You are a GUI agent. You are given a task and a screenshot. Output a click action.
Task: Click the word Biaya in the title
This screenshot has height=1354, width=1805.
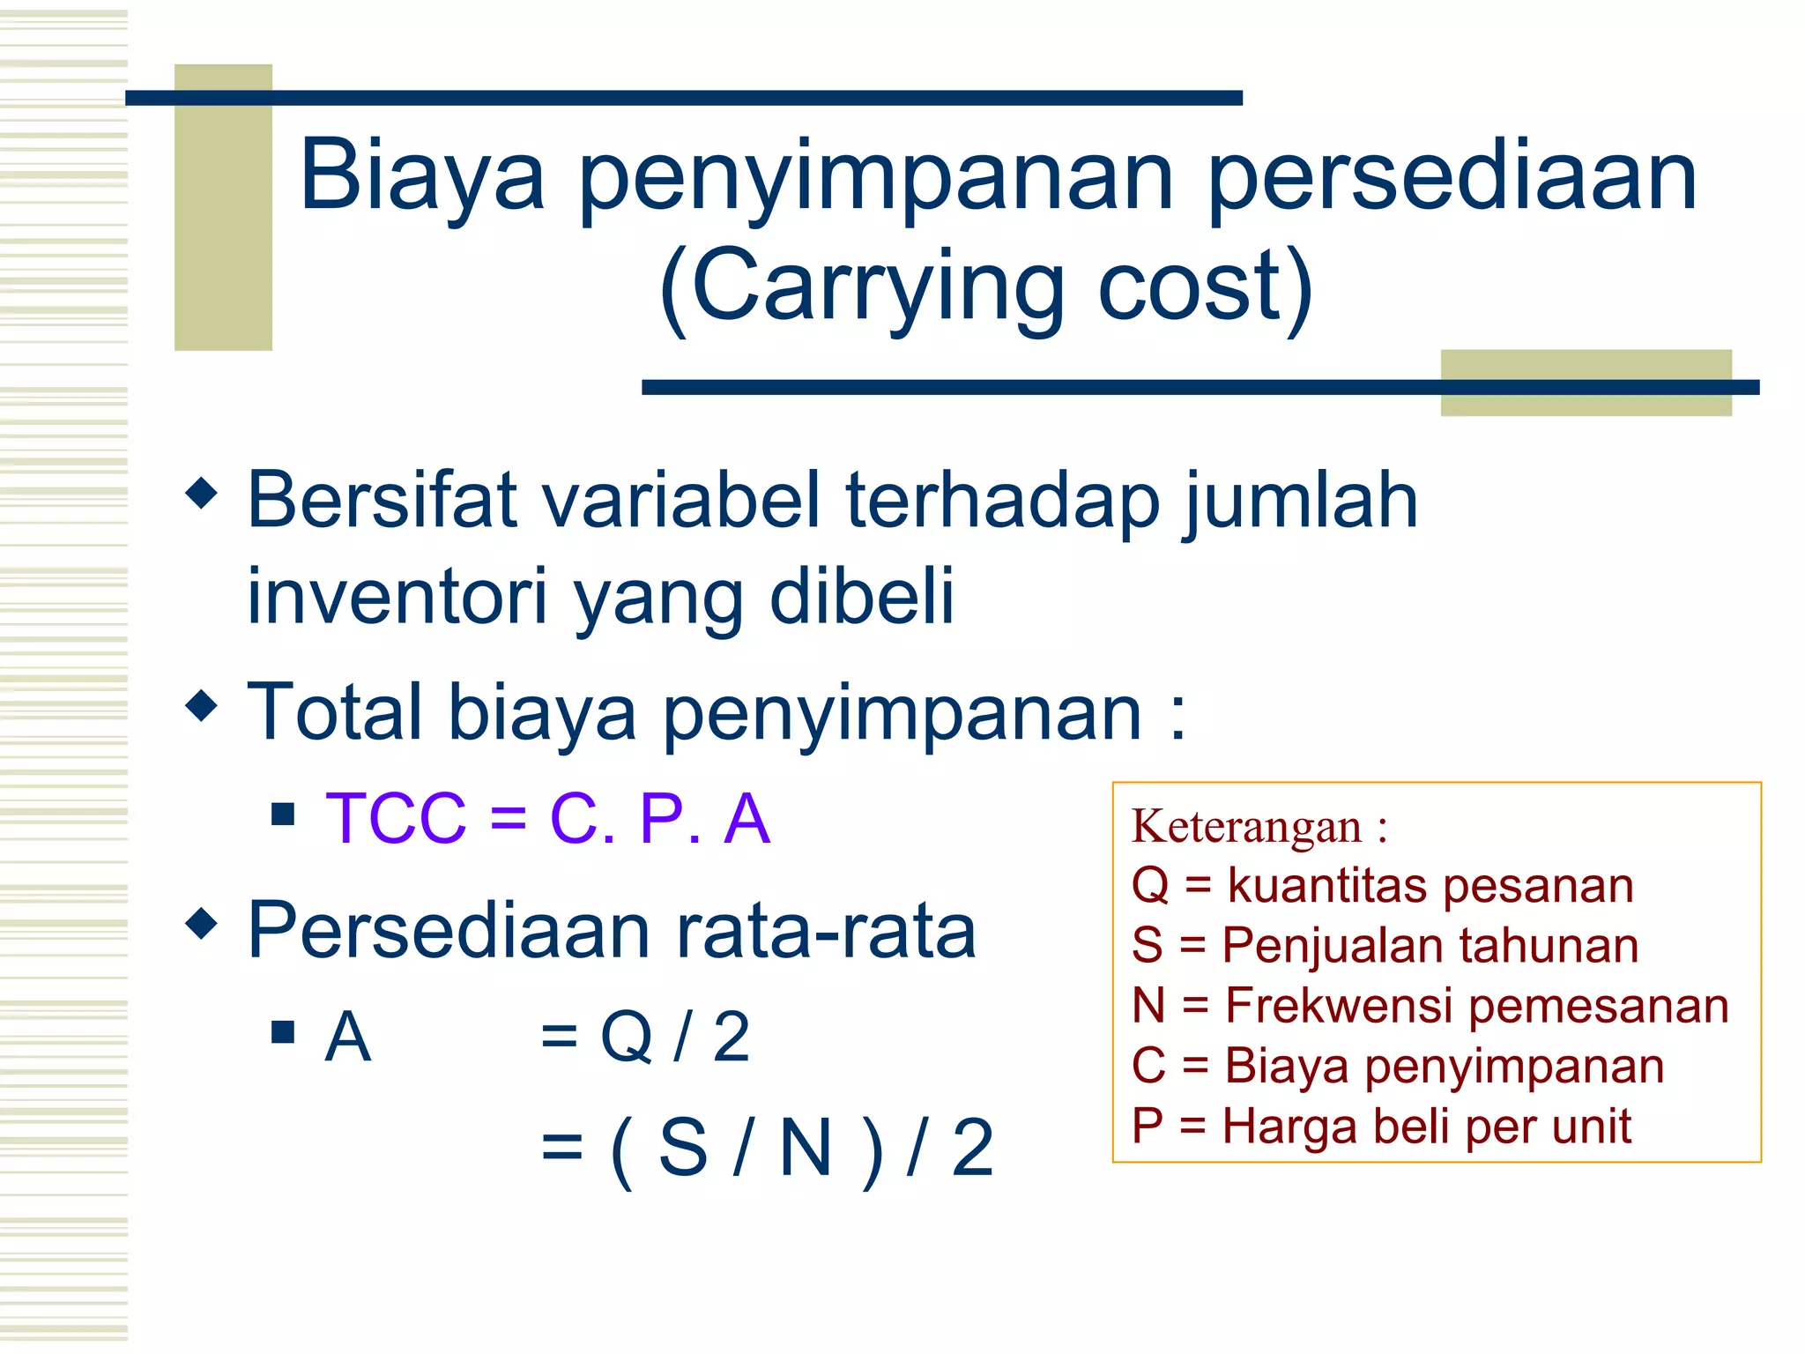tap(421, 176)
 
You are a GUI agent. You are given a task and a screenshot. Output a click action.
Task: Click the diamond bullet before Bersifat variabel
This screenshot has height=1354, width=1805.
tap(202, 493)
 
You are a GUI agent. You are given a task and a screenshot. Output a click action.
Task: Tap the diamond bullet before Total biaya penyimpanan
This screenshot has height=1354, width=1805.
tap(202, 704)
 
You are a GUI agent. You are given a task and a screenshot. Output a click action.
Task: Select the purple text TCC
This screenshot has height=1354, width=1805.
tap(396, 818)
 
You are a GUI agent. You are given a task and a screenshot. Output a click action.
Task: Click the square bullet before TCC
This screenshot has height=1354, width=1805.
tap(283, 813)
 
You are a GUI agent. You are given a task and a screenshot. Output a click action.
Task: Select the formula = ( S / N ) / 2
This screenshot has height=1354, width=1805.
tap(767, 1148)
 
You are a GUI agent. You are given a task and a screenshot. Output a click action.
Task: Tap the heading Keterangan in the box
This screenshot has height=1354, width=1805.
tap(1246, 827)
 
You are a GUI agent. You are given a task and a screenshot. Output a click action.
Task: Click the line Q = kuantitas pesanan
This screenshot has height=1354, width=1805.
tap(1382, 885)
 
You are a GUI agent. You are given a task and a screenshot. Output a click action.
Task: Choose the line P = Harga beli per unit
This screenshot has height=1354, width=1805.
tap(1380, 1126)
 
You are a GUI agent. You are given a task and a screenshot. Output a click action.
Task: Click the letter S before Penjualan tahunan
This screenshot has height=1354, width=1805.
tap(1147, 946)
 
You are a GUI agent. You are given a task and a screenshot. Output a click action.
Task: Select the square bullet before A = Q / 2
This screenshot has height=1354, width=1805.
tap(283, 1031)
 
